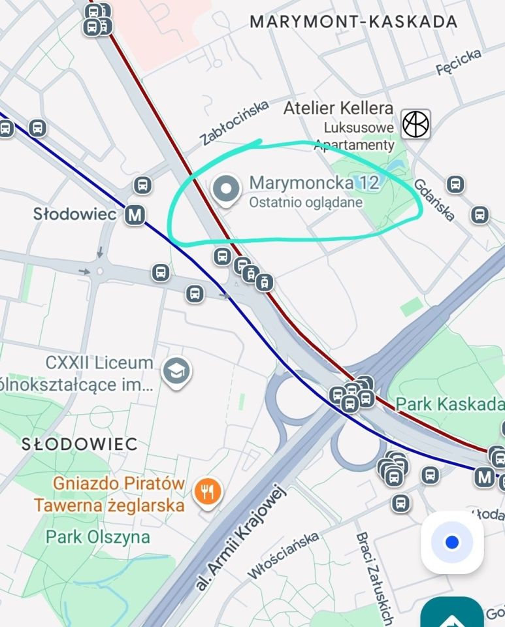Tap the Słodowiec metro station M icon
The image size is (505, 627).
coord(135,214)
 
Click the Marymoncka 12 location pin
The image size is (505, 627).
coord(226,190)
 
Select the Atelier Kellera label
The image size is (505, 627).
coord(338,108)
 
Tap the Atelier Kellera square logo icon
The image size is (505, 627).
coord(415,123)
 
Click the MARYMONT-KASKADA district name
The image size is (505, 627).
coord(353,22)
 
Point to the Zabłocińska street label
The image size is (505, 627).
coord(235,122)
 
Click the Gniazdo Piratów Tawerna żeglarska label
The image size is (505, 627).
coord(110,494)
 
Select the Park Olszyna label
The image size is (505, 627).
coord(97,538)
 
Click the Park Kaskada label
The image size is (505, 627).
coord(451,404)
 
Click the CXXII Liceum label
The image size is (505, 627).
coord(99,363)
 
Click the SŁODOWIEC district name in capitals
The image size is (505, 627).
coord(80,445)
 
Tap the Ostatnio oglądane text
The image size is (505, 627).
coord(306,203)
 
